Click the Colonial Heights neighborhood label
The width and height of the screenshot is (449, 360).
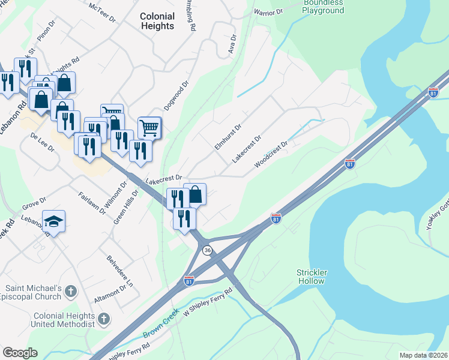tap(157, 21)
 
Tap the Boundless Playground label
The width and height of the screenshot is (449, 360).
tap(323, 7)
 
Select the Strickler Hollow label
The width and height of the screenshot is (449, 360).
tap(312, 277)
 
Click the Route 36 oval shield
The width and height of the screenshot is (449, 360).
tap(207, 250)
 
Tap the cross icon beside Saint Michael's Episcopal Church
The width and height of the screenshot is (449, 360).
tap(71, 292)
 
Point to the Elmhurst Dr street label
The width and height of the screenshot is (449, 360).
tap(228, 137)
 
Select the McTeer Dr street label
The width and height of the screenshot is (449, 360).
tap(102, 11)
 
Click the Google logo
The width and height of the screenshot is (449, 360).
tap(20, 353)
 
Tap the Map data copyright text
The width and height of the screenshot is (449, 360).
tap(423, 355)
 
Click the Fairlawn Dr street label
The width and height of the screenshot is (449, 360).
tap(92, 203)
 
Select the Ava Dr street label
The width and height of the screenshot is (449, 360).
tap(233, 45)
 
